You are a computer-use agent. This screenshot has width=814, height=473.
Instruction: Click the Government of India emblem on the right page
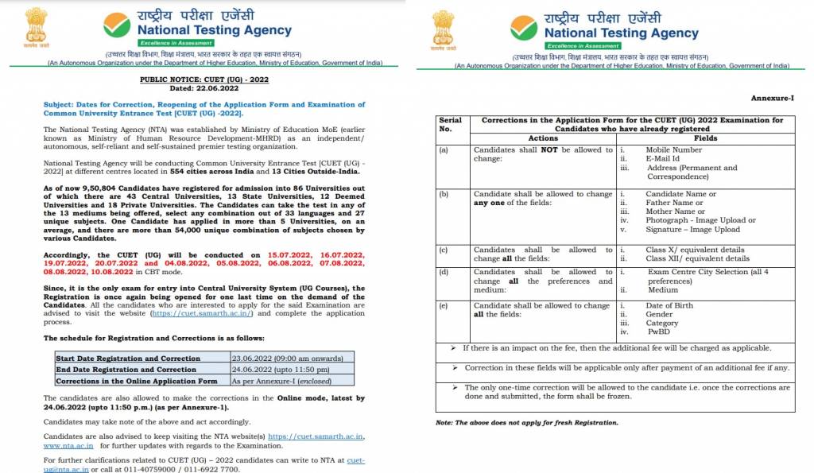444,29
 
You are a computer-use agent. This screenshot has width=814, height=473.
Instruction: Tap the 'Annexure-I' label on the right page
773,97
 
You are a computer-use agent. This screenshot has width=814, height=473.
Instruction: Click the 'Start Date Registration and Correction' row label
127,359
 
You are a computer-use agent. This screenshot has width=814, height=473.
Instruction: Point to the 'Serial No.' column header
450,124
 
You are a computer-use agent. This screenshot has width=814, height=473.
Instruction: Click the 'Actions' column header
543,138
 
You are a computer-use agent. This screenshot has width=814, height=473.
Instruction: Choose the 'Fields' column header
705,138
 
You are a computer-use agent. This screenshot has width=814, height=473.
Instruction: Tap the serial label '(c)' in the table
444,250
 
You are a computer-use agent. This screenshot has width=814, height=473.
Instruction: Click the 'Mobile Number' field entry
673,149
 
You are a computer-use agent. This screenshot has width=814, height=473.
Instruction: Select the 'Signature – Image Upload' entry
692,230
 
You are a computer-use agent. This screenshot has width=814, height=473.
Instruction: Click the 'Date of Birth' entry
669,305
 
